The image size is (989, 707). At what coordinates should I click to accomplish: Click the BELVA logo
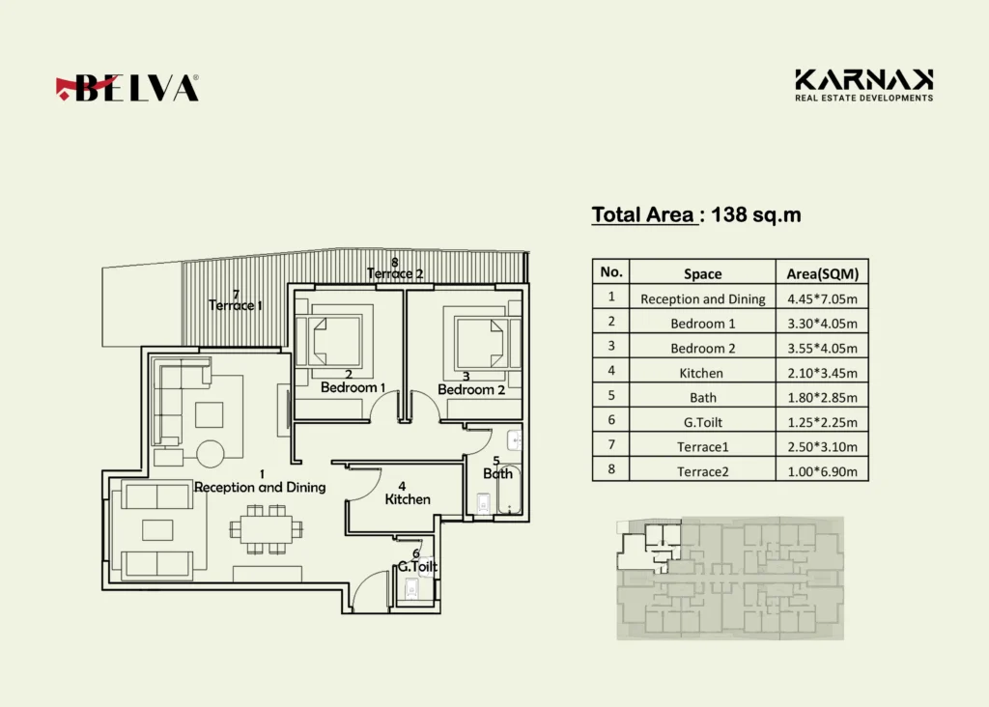click(x=127, y=88)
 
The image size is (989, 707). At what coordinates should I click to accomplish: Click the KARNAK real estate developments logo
click(x=863, y=85)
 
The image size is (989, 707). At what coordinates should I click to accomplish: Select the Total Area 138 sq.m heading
click(x=696, y=215)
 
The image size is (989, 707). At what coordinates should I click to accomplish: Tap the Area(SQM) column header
click(x=822, y=273)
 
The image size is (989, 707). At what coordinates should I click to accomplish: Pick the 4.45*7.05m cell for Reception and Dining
click(x=822, y=298)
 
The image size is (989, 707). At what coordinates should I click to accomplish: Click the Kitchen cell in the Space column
click(x=701, y=373)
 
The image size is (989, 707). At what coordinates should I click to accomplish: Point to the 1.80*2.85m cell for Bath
click(x=822, y=397)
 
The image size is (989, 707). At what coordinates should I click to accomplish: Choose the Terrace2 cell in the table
click(x=703, y=471)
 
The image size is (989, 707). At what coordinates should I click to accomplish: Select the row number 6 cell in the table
click(x=611, y=420)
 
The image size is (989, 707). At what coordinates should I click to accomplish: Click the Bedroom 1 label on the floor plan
click(x=353, y=387)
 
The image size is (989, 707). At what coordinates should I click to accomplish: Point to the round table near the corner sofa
click(x=210, y=453)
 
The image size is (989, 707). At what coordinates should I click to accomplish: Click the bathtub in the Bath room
click(x=509, y=490)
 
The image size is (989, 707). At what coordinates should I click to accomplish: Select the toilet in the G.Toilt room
click(x=411, y=590)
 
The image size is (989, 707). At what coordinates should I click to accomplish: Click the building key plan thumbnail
click(x=730, y=579)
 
